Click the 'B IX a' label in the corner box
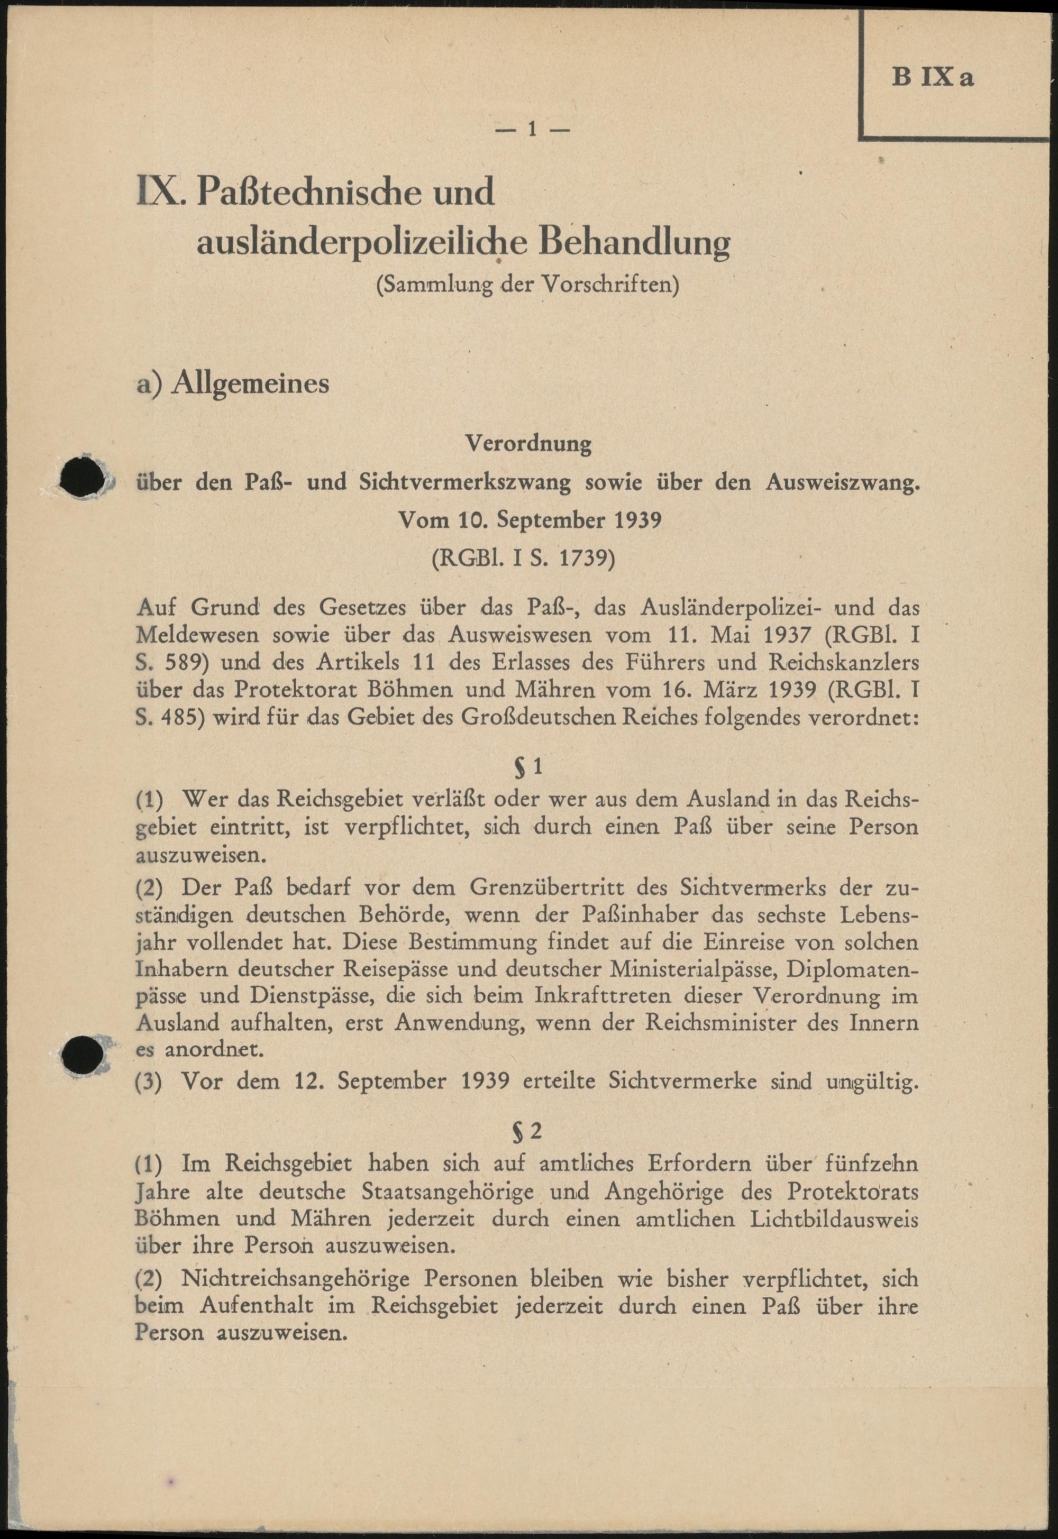click(933, 79)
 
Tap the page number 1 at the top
click(531, 129)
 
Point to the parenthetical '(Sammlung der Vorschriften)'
click(527, 286)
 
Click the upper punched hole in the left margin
click(80, 477)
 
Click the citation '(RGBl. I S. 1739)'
click(524, 558)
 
